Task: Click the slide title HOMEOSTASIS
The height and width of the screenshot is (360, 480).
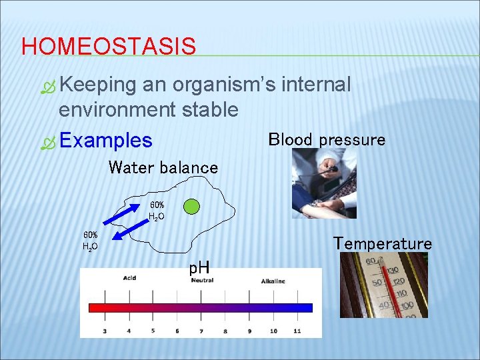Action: click(x=109, y=47)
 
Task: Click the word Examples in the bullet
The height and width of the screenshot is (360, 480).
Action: click(x=105, y=140)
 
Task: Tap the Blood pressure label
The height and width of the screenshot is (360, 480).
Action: click(x=327, y=139)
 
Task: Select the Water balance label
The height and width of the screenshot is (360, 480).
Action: click(x=163, y=167)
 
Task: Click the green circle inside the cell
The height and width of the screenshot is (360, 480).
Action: click(x=191, y=206)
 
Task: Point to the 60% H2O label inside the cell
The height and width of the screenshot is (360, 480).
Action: click(x=157, y=211)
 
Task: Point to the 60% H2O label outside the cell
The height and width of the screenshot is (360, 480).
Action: click(x=90, y=241)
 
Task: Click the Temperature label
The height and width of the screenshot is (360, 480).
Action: click(x=383, y=243)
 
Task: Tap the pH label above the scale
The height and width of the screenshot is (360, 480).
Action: click(x=199, y=269)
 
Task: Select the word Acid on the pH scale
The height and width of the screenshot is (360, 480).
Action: click(x=129, y=278)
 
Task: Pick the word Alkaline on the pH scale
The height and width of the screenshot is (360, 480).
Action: click(x=273, y=281)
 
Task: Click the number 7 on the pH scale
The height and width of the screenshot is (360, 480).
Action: click(x=201, y=330)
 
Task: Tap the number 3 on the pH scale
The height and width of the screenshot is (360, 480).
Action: click(x=104, y=330)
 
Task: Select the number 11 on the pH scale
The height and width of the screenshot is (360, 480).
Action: click(x=297, y=330)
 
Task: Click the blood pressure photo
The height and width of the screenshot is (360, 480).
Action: click(x=324, y=183)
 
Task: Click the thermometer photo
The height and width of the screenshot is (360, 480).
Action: click(x=384, y=285)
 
